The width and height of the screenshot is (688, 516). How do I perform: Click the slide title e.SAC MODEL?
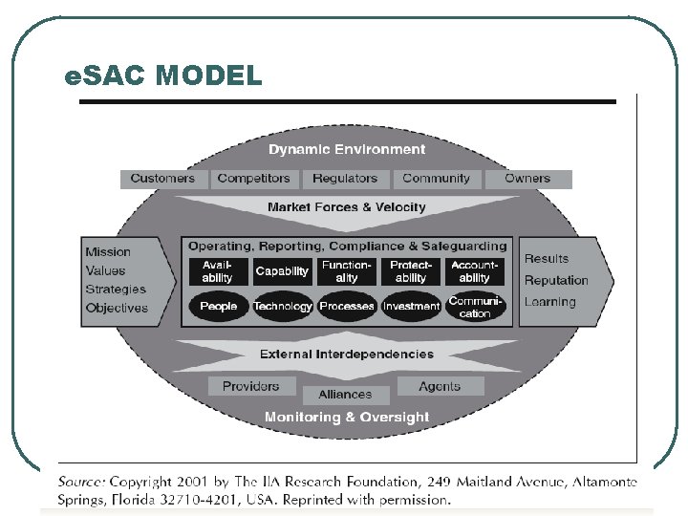(162, 75)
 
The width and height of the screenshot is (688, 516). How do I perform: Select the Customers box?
(162, 179)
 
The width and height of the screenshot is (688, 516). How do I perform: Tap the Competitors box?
(253, 179)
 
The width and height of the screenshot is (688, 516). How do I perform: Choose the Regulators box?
(345, 179)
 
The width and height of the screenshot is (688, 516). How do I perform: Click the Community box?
(436, 179)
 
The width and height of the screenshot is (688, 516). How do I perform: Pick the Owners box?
(527, 179)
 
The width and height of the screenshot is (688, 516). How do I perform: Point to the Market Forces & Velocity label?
(346, 207)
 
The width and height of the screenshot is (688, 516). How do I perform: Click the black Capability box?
(282, 271)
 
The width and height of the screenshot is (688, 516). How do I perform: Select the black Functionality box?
(347, 271)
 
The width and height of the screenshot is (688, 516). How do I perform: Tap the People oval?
(218, 307)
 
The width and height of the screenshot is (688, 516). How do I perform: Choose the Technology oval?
(283, 307)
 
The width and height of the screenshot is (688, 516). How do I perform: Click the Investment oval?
(411, 307)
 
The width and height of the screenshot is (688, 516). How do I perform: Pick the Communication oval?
(475, 307)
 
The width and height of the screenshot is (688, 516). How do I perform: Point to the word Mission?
(108, 252)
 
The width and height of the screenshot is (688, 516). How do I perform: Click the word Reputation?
(556, 280)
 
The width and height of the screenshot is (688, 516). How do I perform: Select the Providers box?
(250, 386)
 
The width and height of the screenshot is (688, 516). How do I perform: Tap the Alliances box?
(345, 394)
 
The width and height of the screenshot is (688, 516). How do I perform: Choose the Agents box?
(440, 386)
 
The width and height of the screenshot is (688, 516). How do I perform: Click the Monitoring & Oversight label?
(347, 417)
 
